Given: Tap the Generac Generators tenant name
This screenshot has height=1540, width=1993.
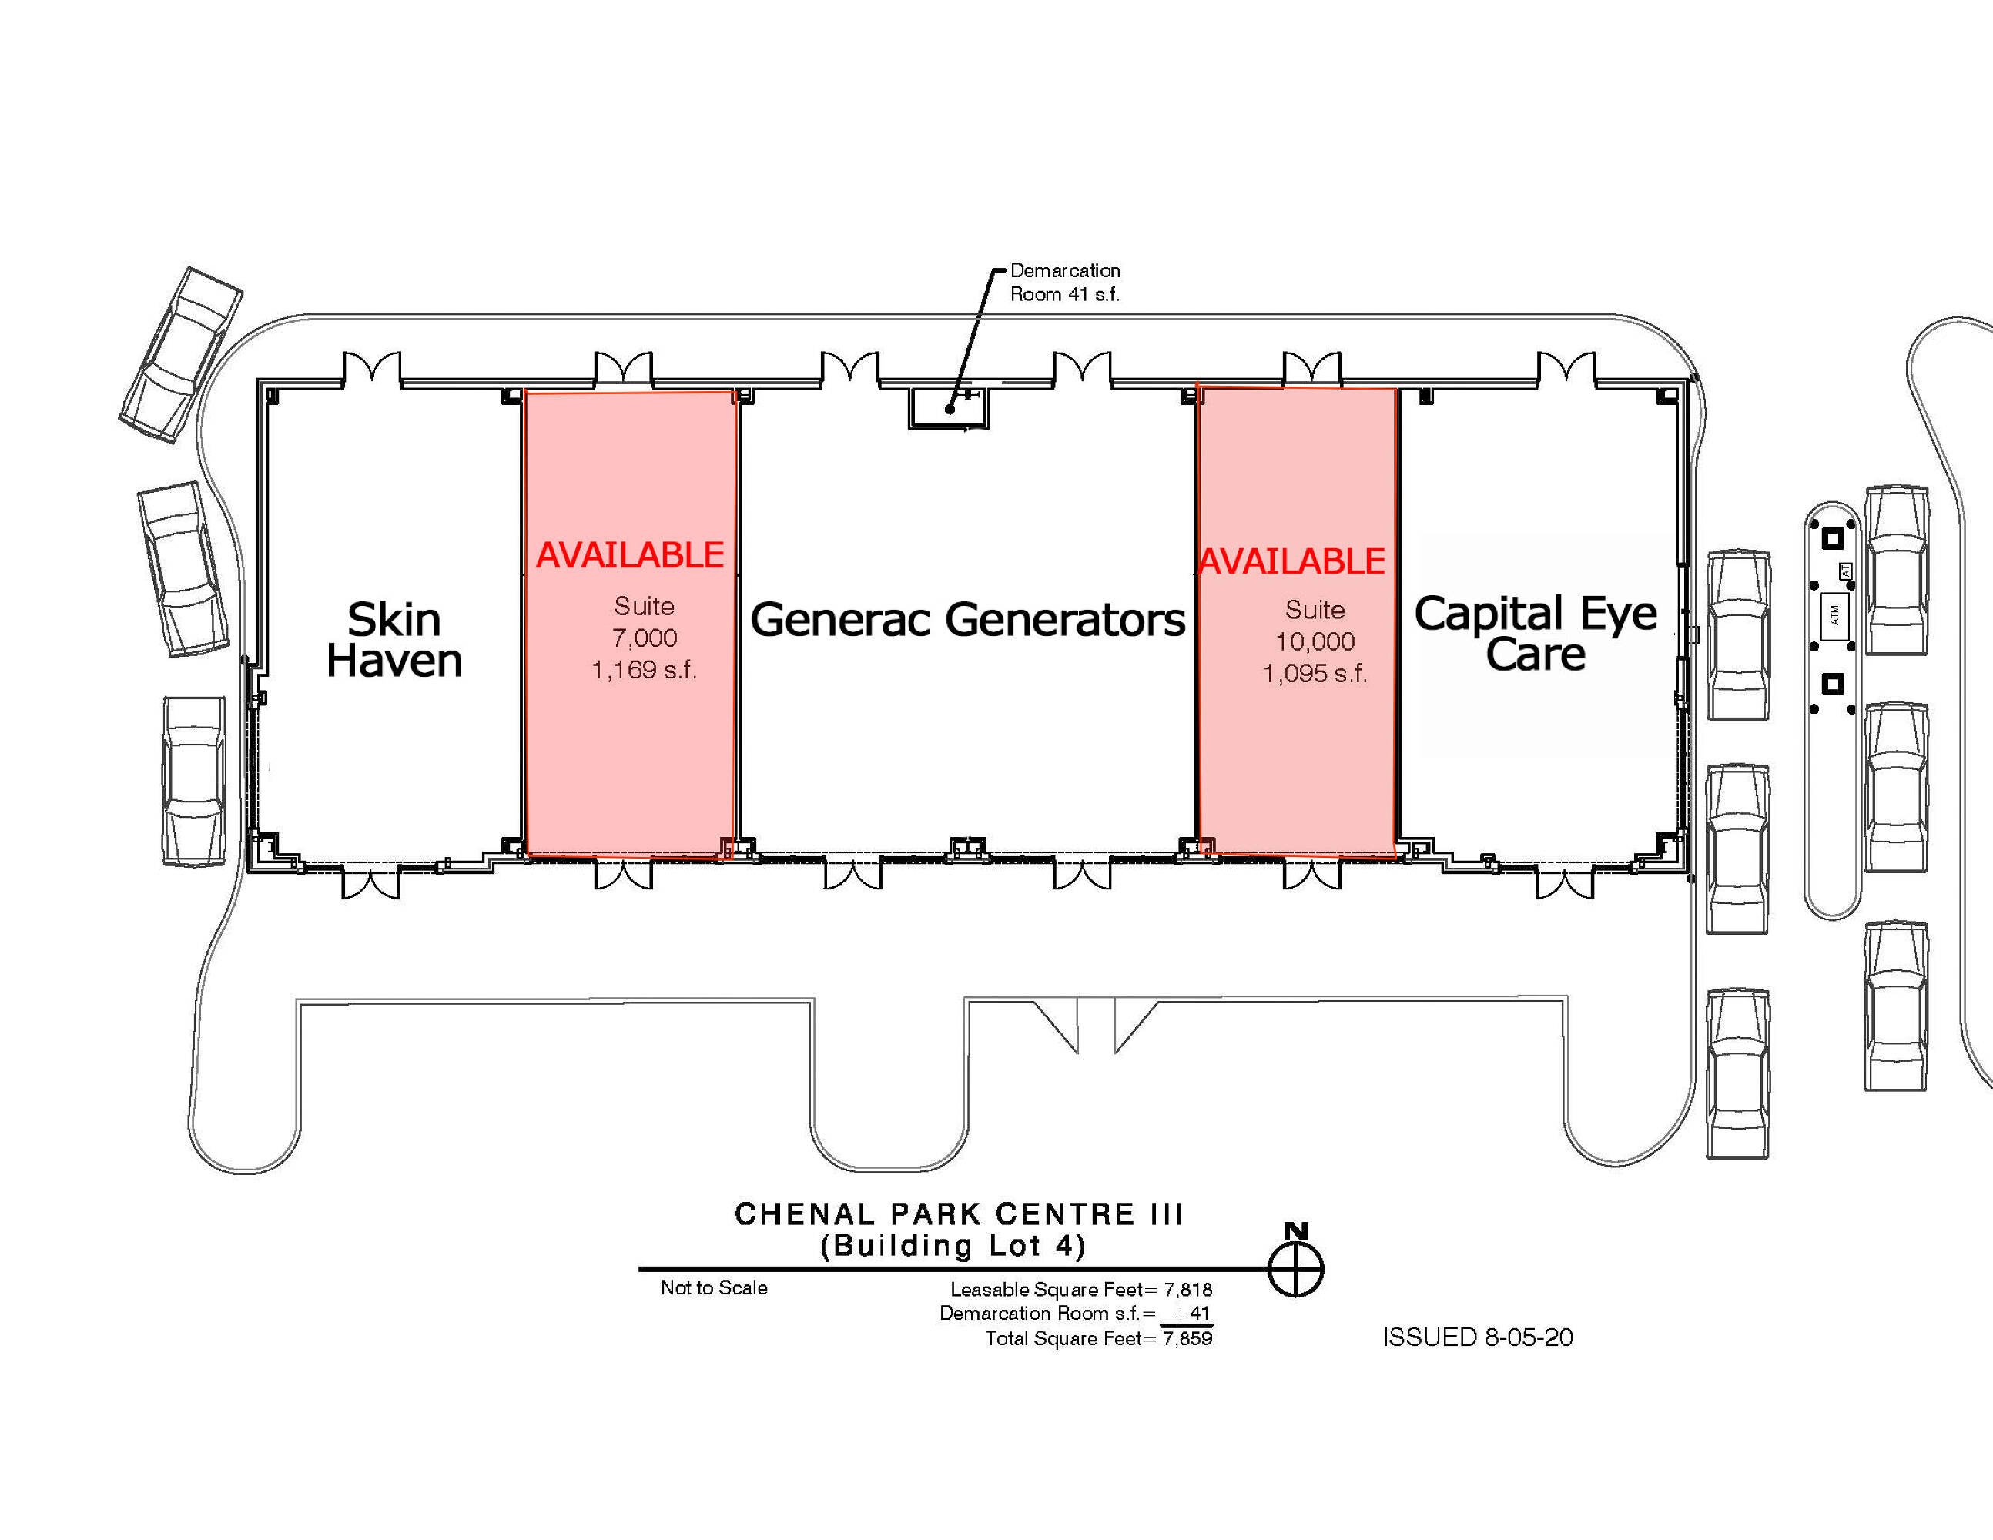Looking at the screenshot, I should coord(967,621).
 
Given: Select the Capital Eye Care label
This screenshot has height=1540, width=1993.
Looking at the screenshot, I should coord(1536,633).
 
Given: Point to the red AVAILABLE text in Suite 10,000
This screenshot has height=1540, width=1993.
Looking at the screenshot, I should coord(1291,562).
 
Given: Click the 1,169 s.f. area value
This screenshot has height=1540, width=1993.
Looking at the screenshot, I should coord(645,671).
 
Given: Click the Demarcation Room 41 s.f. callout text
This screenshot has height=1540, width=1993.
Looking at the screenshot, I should coord(1065,283).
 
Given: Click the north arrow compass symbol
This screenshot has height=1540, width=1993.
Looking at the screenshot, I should coord(1296,1267).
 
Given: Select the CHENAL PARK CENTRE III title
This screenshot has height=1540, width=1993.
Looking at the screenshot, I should coord(958,1214).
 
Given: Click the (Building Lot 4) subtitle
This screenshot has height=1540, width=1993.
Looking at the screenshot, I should coord(953,1246).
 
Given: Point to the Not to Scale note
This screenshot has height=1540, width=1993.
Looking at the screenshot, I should coord(714,1288).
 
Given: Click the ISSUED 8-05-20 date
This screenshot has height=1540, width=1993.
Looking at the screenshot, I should coord(1477,1337).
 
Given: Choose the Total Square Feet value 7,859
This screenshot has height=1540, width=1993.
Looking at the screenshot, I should coord(1187,1338).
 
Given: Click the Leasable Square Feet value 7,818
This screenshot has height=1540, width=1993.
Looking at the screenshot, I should coord(1187,1289).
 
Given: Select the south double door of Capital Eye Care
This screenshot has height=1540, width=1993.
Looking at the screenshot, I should coord(1565,882).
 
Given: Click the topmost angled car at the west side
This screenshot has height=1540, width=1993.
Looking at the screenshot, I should coord(181,354).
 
